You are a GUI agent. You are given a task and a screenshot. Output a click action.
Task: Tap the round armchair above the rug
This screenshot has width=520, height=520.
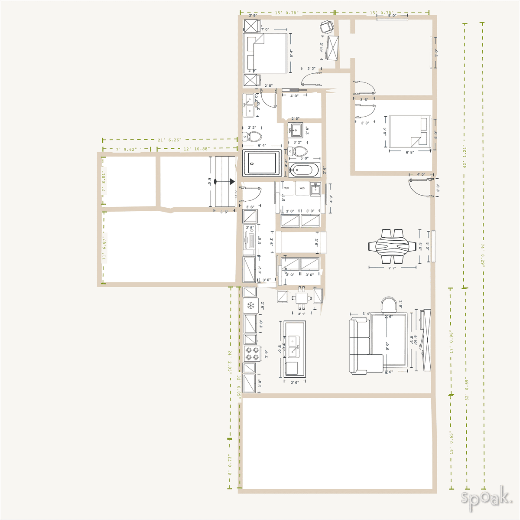[x=390, y=304]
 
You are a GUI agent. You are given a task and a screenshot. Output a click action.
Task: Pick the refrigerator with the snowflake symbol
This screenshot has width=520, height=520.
[x=250, y=305]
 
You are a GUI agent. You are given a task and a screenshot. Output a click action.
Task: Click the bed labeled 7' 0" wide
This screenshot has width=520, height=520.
[x=266, y=53]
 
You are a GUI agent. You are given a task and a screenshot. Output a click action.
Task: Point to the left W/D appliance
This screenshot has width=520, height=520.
[x=286, y=188]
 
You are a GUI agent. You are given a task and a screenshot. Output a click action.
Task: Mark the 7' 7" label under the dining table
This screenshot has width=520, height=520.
[x=392, y=268]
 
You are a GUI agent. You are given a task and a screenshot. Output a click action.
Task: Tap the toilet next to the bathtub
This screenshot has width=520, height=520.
[x=298, y=151]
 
